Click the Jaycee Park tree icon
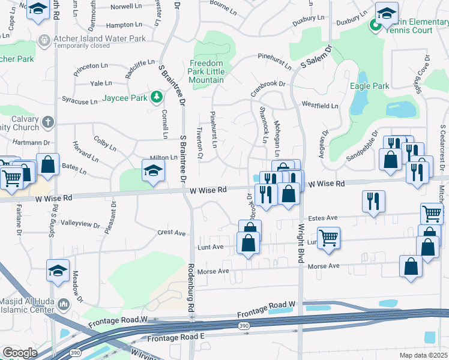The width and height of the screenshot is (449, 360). tap(157, 97)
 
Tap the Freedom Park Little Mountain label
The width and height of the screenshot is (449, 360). tap(206, 71)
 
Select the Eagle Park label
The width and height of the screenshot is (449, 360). tap(369, 86)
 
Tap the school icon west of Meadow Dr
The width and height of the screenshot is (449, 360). tap(58, 270)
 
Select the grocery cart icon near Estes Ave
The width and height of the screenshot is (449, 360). tap(432, 212)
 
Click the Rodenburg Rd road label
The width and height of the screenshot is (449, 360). tap(192, 288)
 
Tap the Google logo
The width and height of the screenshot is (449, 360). tap(20, 353)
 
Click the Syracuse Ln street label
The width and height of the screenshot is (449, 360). tap(80, 100)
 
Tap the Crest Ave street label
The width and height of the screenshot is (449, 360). tap(172, 233)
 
